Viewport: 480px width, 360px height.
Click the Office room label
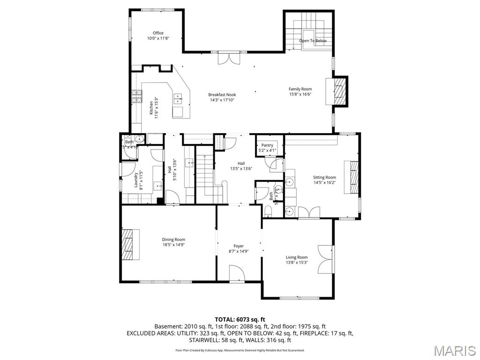click(x=158, y=33)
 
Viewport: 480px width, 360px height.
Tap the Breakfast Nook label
click(x=222, y=95)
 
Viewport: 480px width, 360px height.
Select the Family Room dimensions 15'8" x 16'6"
click(x=300, y=94)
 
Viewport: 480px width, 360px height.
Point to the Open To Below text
click(x=313, y=41)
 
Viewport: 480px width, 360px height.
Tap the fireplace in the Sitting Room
click(x=353, y=177)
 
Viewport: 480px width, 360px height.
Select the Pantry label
click(x=267, y=145)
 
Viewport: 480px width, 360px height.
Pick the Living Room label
click(x=297, y=257)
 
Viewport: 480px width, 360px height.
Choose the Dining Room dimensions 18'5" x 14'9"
click(x=173, y=245)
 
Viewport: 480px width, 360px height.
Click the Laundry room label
click(x=135, y=179)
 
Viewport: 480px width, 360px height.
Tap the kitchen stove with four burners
click(x=136, y=97)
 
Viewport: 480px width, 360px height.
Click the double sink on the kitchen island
click(x=178, y=99)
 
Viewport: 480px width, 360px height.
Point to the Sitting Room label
click(x=324, y=177)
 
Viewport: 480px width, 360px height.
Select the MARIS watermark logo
click(x=454, y=350)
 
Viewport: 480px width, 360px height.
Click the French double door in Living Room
click(x=325, y=259)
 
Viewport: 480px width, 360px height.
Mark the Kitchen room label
click(x=151, y=108)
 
